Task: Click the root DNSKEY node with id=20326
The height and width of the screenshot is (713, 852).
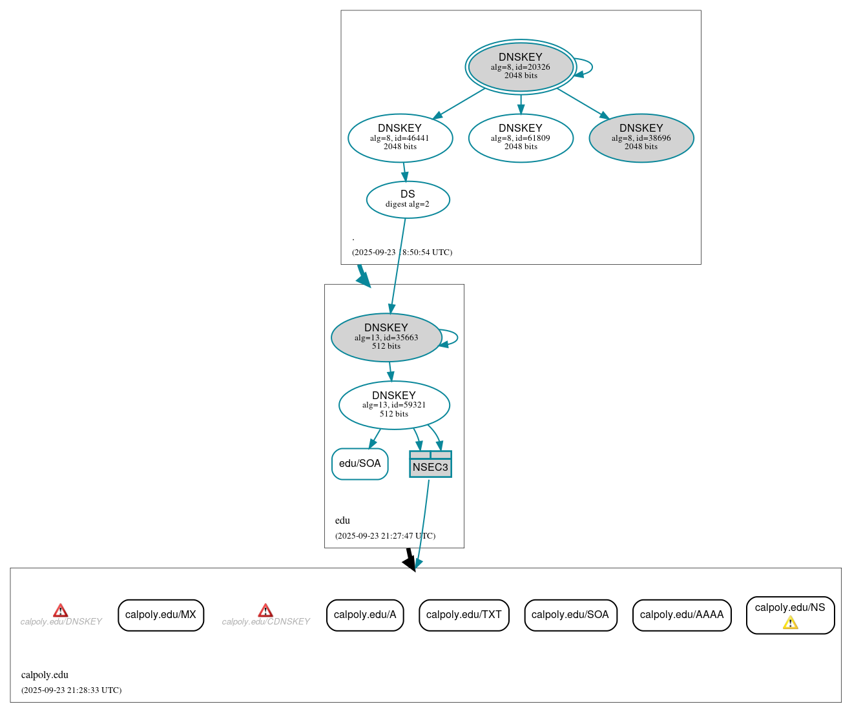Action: point(521,67)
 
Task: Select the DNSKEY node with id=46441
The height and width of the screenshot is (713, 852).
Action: point(400,138)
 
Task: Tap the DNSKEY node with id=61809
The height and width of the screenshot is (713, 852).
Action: point(521,138)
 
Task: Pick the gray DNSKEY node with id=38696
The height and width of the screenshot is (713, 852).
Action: point(641,138)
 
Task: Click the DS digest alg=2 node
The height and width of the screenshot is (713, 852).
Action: point(408,200)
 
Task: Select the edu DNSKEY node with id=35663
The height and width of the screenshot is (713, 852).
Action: point(386,337)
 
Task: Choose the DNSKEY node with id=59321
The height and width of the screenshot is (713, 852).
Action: point(394,405)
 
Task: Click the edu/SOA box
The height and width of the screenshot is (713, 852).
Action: point(360,464)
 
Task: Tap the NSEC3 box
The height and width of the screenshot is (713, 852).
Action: point(430,464)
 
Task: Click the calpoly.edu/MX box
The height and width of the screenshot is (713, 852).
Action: point(161,615)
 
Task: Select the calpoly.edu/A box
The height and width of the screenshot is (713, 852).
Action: point(365,615)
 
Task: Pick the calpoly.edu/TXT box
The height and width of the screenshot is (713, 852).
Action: point(464,615)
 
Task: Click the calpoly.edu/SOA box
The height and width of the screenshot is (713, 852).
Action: point(570,615)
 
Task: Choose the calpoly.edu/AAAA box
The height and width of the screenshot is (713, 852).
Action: point(681,615)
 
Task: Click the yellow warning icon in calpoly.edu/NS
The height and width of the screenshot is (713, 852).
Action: point(790,623)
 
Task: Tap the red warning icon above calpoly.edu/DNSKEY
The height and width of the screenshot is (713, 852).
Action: point(60,610)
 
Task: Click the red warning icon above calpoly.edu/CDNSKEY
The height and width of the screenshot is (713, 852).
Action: point(265,610)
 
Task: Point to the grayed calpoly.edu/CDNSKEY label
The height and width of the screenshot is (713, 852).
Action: point(265,622)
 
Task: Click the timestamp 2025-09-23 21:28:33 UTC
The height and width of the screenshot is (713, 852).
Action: point(71,690)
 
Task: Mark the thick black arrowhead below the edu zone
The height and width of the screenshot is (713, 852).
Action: point(410,563)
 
